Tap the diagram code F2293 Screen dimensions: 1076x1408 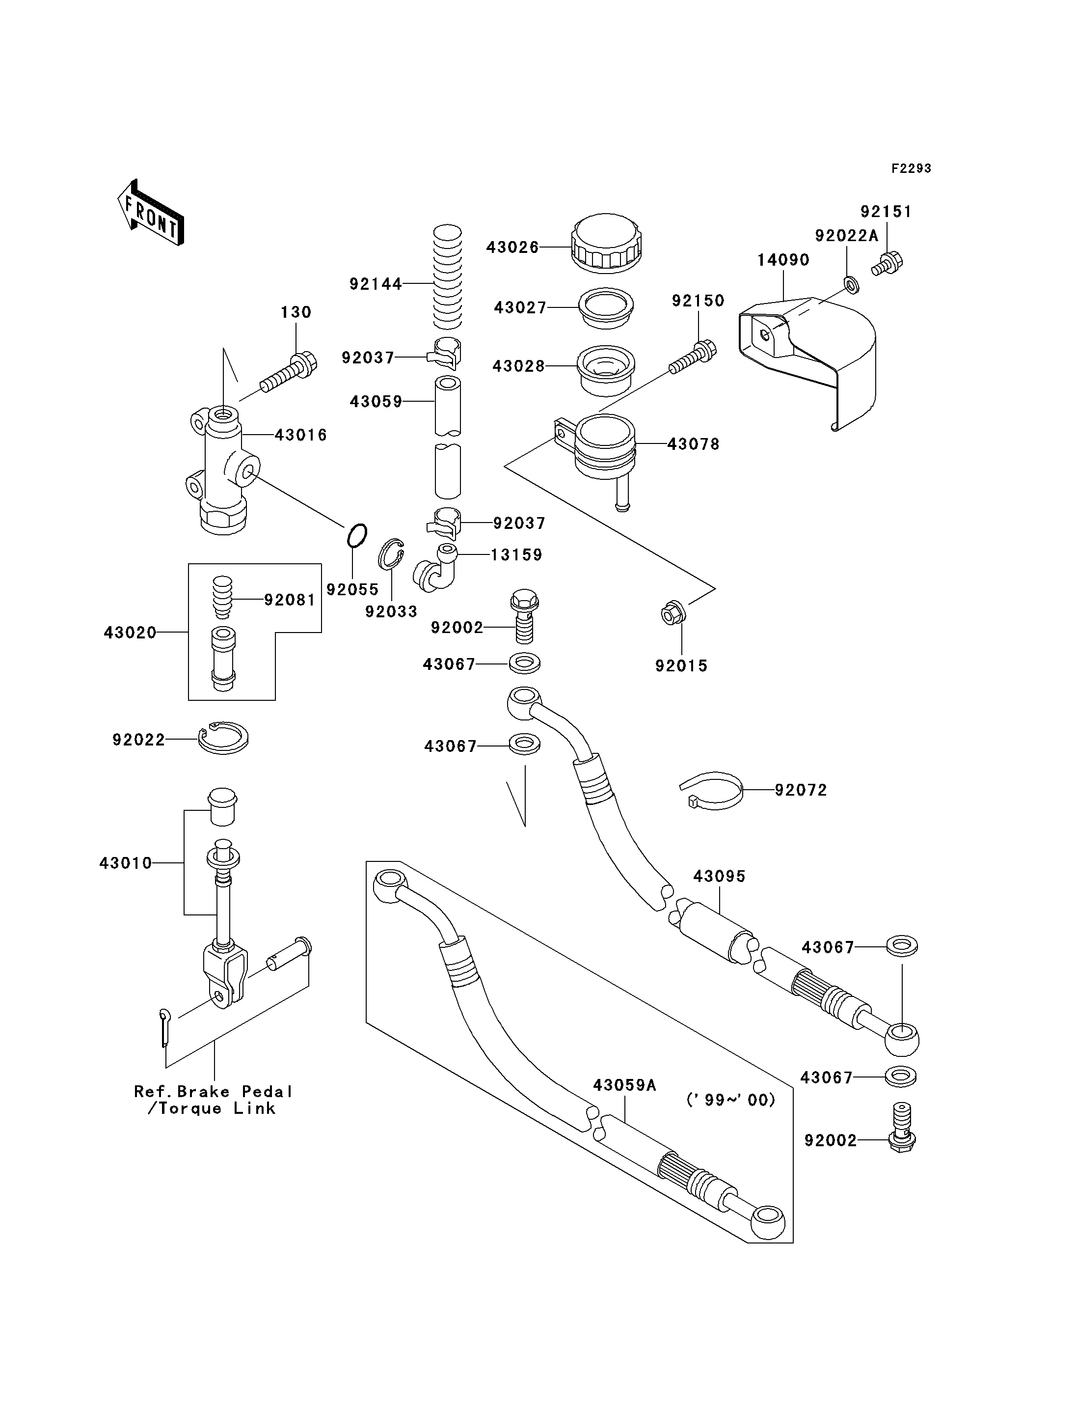coord(912,168)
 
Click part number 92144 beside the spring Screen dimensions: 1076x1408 coord(376,283)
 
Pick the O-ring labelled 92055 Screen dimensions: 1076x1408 coord(357,535)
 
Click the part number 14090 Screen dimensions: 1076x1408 coord(783,260)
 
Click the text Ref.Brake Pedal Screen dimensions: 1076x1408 coord(213,1091)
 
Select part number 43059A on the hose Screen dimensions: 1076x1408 coord(624,1085)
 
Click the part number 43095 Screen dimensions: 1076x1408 coord(719,876)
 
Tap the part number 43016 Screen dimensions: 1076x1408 coord(300,435)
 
